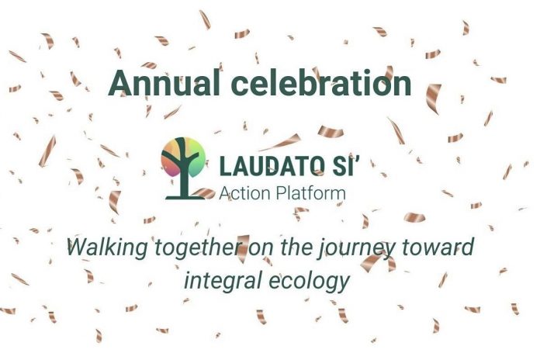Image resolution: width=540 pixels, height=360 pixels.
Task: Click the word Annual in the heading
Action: [164, 83]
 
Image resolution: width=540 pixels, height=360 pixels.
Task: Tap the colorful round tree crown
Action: [183, 157]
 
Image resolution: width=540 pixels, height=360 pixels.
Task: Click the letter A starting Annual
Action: [119, 83]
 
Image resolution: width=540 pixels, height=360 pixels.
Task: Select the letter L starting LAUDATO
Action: [225, 166]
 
